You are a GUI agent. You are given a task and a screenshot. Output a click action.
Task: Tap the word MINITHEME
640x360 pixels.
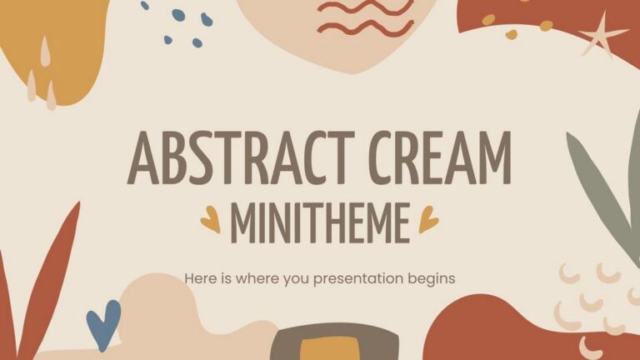(x=320, y=219)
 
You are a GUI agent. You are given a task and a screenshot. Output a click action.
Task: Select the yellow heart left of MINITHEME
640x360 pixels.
(x=209, y=219)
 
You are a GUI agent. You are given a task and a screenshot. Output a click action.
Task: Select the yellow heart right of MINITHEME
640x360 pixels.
(x=428, y=220)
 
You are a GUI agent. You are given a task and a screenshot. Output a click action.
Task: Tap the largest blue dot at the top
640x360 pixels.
(x=177, y=14)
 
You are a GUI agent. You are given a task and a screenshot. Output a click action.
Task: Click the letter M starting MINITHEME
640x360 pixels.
(x=242, y=219)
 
